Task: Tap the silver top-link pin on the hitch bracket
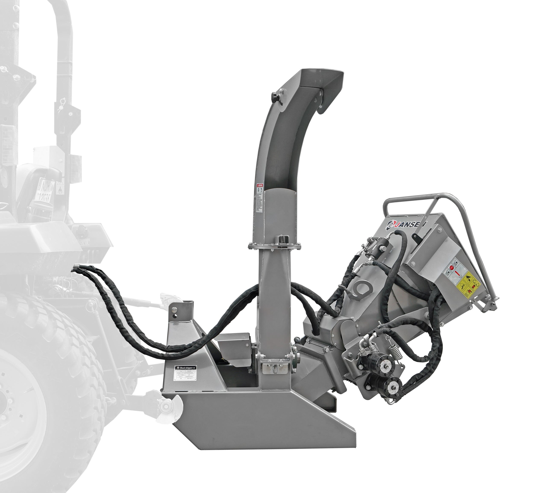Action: click(174, 309)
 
